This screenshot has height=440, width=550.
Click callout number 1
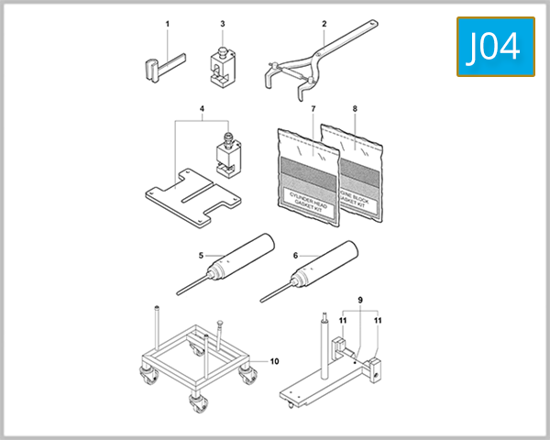click(x=167, y=22)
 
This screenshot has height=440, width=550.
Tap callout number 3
click(x=222, y=22)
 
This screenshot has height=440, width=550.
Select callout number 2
click(x=324, y=22)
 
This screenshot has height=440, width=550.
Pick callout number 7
click(x=313, y=110)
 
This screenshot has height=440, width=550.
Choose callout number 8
click(x=356, y=110)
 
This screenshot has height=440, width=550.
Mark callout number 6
click(x=295, y=255)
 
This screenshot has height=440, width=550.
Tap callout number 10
click(x=274, y=361)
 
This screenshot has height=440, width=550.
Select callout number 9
click(x=360, y=300)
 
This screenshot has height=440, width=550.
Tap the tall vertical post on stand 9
click(x=322, y=348)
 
